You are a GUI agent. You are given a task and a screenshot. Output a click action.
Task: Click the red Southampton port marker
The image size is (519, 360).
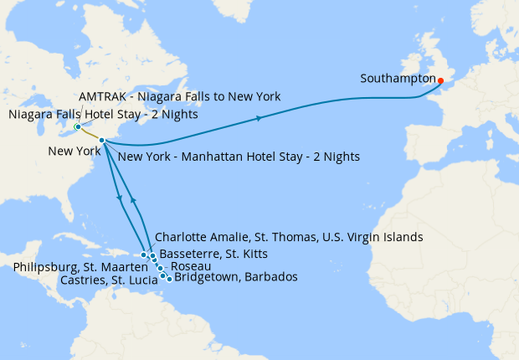(440, 80)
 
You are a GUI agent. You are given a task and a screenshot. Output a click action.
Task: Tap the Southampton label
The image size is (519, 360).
(398, 80)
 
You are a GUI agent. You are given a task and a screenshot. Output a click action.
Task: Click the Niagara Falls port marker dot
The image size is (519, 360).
(77, 127)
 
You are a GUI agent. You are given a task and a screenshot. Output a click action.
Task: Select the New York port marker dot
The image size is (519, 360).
(101, 141)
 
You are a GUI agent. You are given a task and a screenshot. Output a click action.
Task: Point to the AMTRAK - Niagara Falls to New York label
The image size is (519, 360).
(179, 96)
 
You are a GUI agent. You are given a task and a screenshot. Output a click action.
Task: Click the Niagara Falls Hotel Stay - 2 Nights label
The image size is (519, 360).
(103, 115)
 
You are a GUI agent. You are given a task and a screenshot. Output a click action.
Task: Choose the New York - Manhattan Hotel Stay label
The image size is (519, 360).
(239, 157)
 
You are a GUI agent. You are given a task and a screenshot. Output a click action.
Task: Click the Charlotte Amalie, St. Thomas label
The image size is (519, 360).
(289, 238)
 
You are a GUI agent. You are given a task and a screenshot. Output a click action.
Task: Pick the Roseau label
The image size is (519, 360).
(185, 266)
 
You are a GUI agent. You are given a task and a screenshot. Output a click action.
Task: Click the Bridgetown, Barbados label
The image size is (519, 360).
(235, 277)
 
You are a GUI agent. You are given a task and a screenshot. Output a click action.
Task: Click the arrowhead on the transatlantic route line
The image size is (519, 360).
(259, 118)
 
